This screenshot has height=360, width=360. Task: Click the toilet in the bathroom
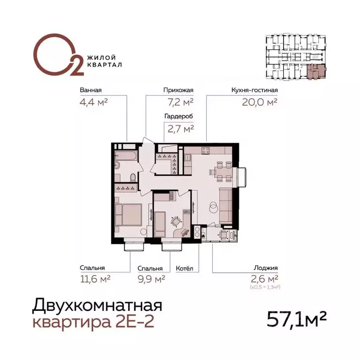133,177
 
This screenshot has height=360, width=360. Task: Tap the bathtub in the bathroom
125,154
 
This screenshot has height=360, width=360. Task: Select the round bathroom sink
118,165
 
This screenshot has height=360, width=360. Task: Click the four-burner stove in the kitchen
205,150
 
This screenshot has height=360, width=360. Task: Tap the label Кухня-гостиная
255,90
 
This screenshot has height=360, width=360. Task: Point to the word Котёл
184,269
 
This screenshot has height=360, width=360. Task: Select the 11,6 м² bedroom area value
95,279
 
